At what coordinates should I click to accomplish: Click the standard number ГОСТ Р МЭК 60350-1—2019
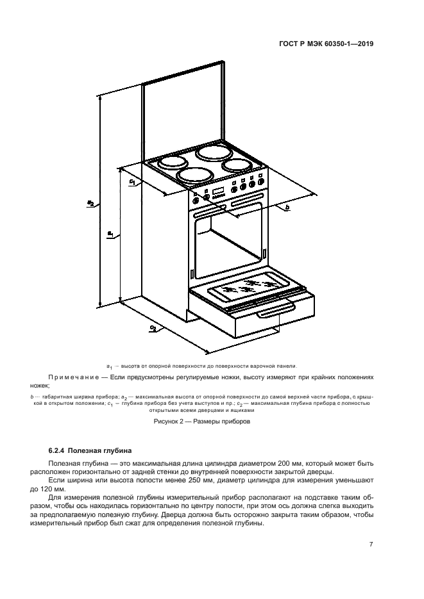326,45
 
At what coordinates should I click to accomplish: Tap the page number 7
371,545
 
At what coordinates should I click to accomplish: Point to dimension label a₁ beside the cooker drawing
110,234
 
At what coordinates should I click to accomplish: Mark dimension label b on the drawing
287,208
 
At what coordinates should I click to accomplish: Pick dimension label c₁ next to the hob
131,183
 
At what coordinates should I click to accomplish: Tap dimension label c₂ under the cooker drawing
152,329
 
